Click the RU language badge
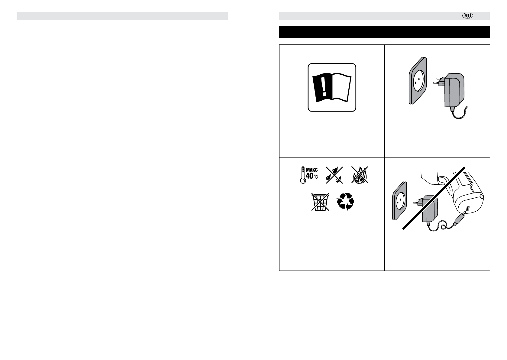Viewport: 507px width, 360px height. coord(468,16)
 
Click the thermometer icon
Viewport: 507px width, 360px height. coord(301,175)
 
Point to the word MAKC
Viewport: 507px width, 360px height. coord(312,170)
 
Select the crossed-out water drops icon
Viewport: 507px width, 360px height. coord(333,176)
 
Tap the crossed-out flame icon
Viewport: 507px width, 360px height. coord(360,176)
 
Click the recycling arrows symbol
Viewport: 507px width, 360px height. coord(345,202)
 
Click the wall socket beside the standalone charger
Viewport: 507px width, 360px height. coord(417,80)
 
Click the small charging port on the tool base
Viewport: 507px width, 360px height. coord(468,209)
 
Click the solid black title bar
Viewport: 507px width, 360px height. coord(384,32)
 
